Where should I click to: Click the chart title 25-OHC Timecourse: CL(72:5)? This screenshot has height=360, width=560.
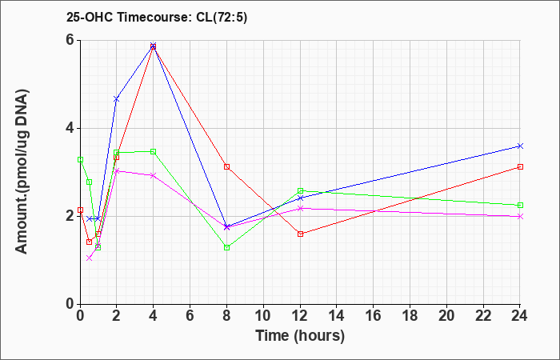157,18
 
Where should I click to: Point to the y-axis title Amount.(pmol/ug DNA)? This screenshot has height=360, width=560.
22,171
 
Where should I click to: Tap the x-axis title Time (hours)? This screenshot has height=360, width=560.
300,336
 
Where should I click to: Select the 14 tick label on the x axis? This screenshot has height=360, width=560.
337,316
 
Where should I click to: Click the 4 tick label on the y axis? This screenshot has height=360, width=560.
71,129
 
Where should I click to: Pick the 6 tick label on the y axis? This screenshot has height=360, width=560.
71,40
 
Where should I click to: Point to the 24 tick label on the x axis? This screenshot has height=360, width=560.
520,316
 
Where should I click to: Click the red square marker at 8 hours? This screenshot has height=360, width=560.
226,166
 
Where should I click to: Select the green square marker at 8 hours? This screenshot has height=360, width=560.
226,247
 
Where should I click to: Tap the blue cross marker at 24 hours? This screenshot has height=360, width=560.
520,146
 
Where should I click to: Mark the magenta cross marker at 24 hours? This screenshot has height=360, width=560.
520,217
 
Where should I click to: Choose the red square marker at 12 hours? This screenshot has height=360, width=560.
300,234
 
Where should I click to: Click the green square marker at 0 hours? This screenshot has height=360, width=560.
80,160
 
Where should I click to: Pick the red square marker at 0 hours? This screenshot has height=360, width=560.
80,210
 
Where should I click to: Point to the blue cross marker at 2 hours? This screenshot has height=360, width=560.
117,99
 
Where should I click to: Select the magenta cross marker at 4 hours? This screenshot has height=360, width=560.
154,175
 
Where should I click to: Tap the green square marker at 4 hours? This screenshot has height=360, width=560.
154,152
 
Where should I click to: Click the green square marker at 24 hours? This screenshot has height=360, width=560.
520,206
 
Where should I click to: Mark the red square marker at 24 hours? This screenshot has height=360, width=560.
520,166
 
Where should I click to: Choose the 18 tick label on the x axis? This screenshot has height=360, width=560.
410,316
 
